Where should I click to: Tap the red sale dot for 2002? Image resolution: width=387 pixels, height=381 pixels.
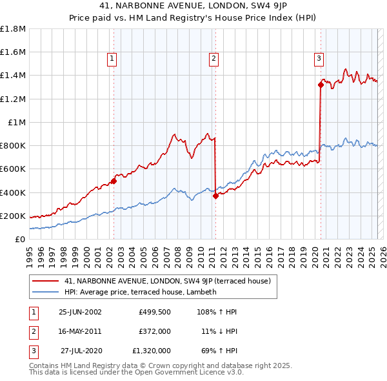[114, 181]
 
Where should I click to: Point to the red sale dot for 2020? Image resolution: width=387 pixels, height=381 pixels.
[321, 84]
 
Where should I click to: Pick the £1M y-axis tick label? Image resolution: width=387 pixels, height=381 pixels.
[17, 122]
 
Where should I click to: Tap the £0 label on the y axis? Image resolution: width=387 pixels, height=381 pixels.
[21, 239]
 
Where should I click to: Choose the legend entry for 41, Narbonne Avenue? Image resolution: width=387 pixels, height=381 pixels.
[170, 281]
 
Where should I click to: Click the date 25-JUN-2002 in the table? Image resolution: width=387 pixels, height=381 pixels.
[80, 312]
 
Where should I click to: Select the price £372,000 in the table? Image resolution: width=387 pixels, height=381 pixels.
[154, 331]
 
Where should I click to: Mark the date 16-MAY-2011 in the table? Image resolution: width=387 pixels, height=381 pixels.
[80, 331]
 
